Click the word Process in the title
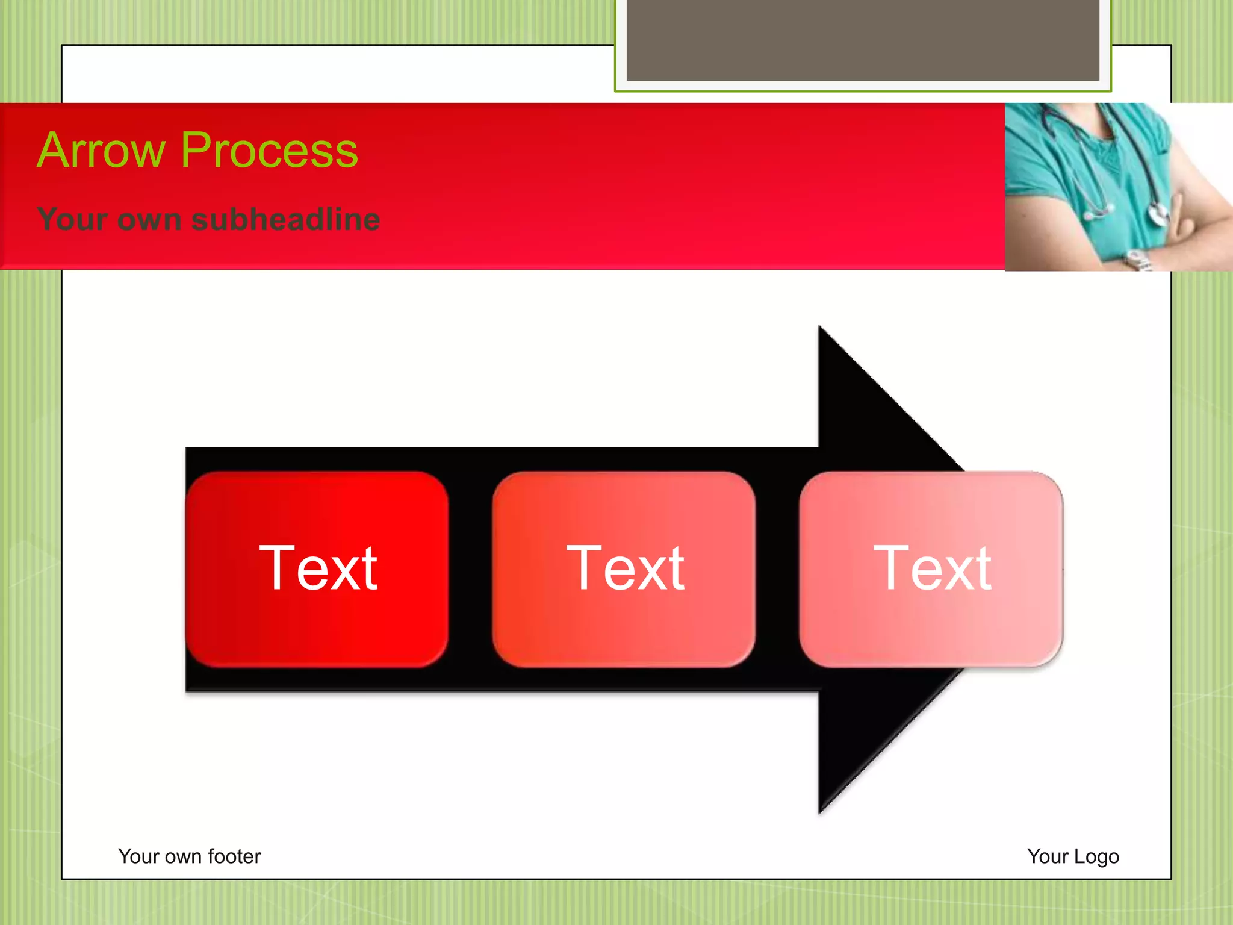point(269,150)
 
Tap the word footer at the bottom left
point(234,856)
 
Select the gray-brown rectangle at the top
point(862,40)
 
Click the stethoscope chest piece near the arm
point(1157,214)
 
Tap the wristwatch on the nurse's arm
point(1138,261)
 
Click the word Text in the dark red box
point(318,568)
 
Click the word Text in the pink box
point(932,568)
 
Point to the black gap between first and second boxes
point(470,568)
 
